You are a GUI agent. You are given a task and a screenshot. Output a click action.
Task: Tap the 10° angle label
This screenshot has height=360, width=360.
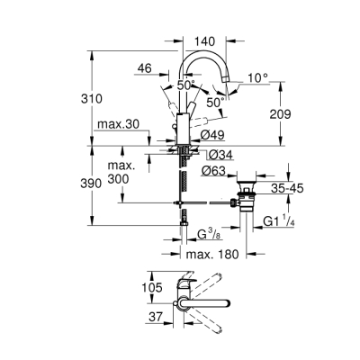point(258,78)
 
